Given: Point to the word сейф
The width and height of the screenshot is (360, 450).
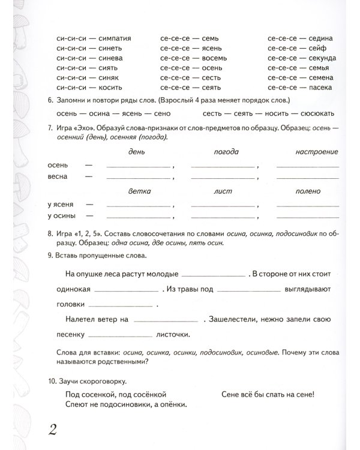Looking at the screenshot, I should coord(321,49).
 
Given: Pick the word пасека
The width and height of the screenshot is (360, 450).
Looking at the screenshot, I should coord(323,88).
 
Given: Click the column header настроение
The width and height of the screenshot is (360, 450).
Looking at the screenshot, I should coord(317,152).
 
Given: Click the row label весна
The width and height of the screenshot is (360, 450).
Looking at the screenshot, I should coord(57,177).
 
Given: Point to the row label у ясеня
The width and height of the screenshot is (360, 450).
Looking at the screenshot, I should coord(60,205).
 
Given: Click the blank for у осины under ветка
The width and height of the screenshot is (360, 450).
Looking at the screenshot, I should coord(138,217).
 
